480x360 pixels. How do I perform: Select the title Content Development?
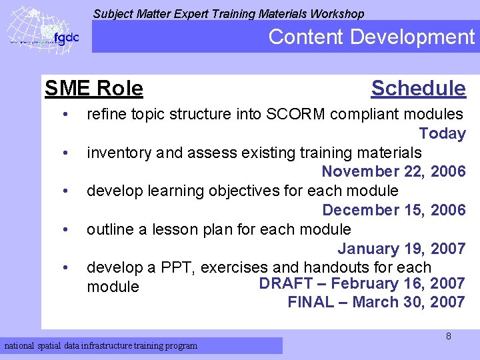coord(371,37)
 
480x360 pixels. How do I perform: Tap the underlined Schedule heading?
coord(418,88)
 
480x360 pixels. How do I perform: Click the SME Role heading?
coord(93,88)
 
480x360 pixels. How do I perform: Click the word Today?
coord(442,133)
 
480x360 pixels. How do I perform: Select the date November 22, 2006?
coord(393,171)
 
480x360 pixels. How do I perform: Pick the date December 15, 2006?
coord(393,210)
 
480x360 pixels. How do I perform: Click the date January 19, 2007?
coord(401,249)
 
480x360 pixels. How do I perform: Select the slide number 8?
coord(448,336)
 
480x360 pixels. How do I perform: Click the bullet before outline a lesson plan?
coord(65,230)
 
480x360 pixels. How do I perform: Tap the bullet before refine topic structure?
coord(65,115)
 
